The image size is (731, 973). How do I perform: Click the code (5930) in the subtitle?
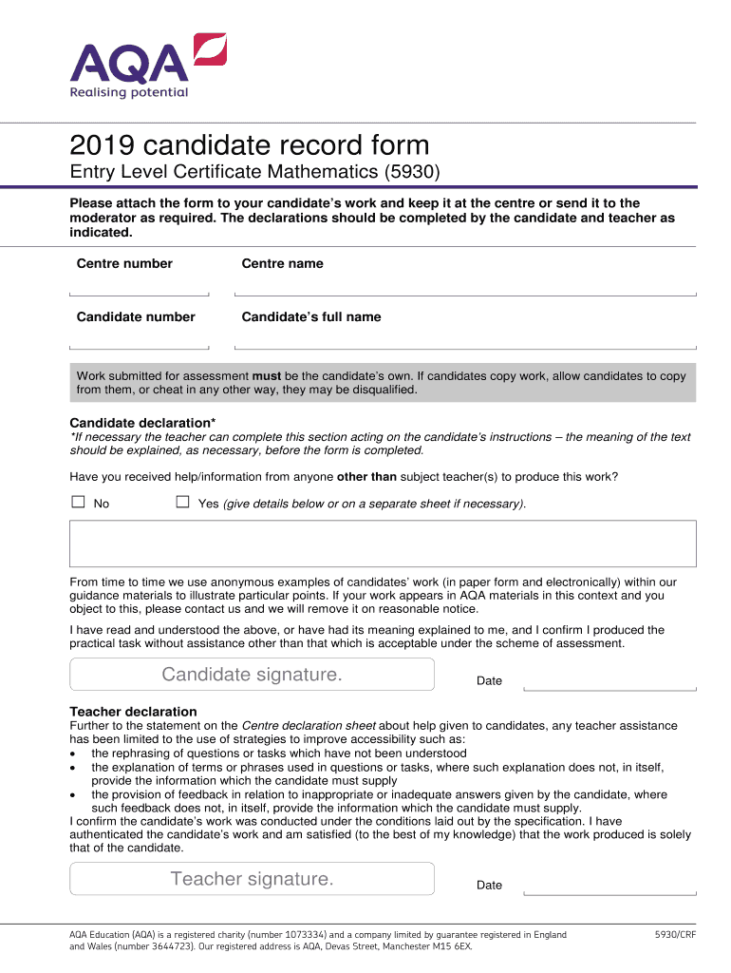click(x=411, y=173)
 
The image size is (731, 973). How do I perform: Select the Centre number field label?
click(x=124, y=263)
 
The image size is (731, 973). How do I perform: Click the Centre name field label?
click(x=282, y=263)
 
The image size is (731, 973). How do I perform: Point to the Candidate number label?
click(x=136, y=316)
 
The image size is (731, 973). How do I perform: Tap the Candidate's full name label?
click(x=311, y=316)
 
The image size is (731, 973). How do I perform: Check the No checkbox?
click(x=78, y=502)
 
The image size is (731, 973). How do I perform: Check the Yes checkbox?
click(x=183, y=502)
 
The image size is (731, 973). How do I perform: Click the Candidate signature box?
click(x=252, y=675)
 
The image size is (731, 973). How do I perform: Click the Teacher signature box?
click(x=252, y=879)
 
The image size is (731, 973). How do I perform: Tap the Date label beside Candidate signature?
click(x=489, y=680)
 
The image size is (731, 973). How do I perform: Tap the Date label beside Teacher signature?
click(x=489, y=885)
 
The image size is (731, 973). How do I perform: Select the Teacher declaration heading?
click(x=134, y=712)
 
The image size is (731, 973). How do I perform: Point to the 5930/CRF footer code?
click(x=674, y=935)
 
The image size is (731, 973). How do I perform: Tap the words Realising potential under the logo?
click(x=129, y=92)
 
